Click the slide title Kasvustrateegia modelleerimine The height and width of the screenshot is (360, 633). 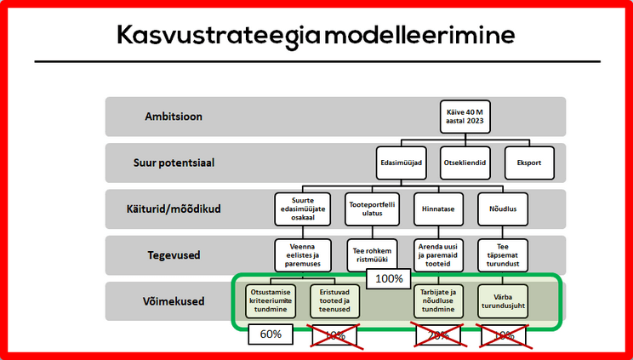pos(316,35)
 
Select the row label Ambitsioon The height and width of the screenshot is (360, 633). pos(174,117)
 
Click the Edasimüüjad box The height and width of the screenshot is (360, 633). pos(400,163)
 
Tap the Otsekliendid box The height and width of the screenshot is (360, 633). pos(465,163)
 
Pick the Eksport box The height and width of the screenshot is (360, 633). pos(529,163)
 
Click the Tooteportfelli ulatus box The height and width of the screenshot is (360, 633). pos(371,209)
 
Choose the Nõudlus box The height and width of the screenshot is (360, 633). pos(508,209)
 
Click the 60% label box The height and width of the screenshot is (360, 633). pos(271,334)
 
